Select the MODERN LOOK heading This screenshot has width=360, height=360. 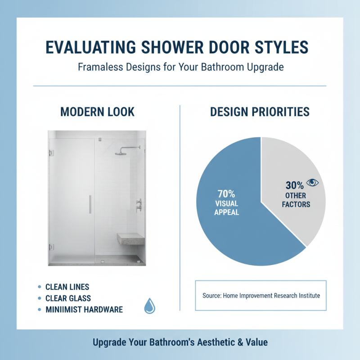pyautogui.click(x=97, y=112)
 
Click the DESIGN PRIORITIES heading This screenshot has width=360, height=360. pyautogui.click(x=260, y=112)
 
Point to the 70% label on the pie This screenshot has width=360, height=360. pyautogui.click(x=227, y=194)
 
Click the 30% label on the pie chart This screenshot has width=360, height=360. pyautogui.click(x=294, y=184)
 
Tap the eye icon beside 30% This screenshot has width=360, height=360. pyautogui.click(x=312, y=183)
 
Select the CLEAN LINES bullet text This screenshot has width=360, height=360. pyautogui.click(x=67, y=287)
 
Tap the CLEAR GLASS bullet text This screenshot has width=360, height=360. pyautogui.click(x=68, y=298)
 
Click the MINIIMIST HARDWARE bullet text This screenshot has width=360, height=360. pyautogui.click(x=84, y=310)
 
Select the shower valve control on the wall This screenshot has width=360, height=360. pyautogui.click(x=139, y=205)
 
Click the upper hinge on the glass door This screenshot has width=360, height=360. pyautogui.click(x=51, y=153)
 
